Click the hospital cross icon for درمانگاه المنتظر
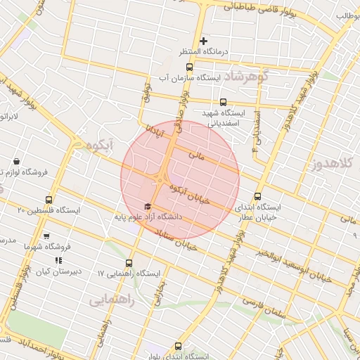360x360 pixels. pyautogui.click(x=204, y=41)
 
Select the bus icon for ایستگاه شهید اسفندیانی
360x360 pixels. pyautogui.click(x=224, y=102)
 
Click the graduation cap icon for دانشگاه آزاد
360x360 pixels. pyautogui.click(x=147, y=206)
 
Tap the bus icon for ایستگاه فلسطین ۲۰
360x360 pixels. pyautogui.click(x=49, y=200)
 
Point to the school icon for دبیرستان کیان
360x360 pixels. pyautogui.click(x=59, y=261)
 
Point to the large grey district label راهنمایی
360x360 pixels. pyautogui.click(x=111, y=300)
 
